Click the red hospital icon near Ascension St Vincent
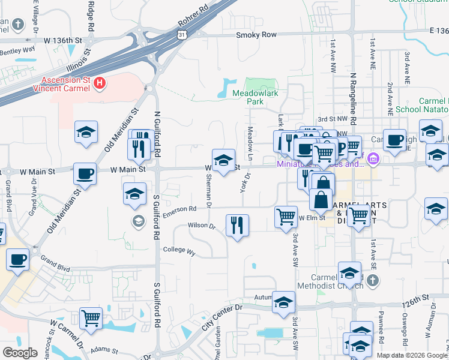point(100,83)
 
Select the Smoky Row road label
point(256,35)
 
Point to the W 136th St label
point(62,40)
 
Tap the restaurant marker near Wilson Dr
point(238,226)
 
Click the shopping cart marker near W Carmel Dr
point(91,318)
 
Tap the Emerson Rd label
point(179,209)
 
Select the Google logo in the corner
point(20,353)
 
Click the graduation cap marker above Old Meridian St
point(86,133)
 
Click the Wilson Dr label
point(201,226)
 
